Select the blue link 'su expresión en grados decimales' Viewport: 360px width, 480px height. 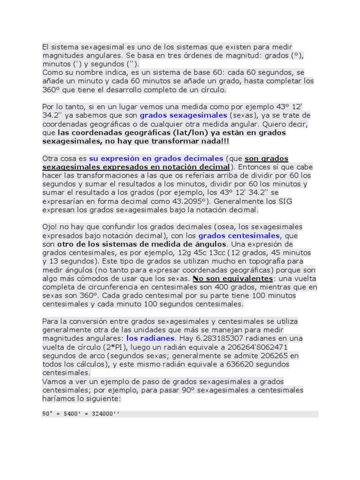pyautogui.click(x=157, y=158)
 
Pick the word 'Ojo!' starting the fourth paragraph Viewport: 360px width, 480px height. pyautogui.click(x=50, y=227)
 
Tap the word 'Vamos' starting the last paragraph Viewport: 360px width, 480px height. pyautogui.click(x=53, y=382)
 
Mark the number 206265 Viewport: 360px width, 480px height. pyautogui.click(x=271, y=355)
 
